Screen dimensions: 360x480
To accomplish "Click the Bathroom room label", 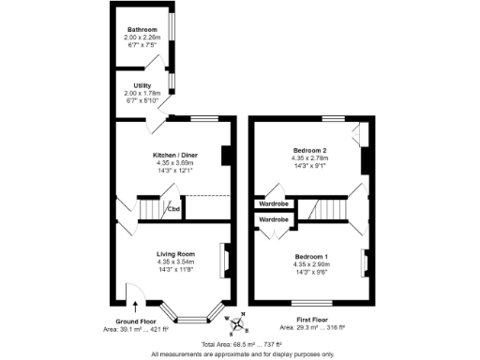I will point(142,29).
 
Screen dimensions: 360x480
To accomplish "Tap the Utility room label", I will point(142,85).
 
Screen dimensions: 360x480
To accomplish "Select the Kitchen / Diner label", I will point(176,155).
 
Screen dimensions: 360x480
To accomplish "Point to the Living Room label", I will point(175,253).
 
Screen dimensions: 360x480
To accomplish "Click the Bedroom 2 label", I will point(309,150).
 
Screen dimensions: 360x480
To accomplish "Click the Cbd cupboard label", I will point(173,208).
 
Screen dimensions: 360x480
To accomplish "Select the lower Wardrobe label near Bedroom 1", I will point(274,218).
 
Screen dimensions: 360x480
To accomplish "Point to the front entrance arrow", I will point(135,304).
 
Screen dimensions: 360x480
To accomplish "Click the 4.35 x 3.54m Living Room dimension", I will point(175,262).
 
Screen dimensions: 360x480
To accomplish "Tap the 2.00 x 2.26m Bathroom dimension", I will point(142,37).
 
